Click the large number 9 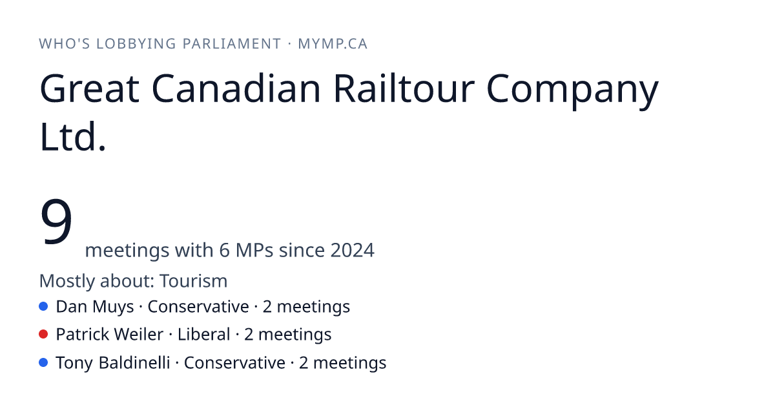tap(56, 221)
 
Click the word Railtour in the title tap(404, 89)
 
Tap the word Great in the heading tap(90, 89)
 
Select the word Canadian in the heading tap(236, 89)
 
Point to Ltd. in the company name tap(72, 136)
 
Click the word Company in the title tap(572, 90)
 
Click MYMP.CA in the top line tap(333, 44)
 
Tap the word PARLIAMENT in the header tap(231, 44)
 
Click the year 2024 tap(352, 250)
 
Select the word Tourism tap(193, 280)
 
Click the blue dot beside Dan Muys tap(43, 306)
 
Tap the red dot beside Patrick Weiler tap(43, 335)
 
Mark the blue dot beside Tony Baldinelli tap(43, 362)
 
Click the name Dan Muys tap(95, 307)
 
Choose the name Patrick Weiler tap(110, 335)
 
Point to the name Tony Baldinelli tap(113, 363)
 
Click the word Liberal tap(204, 335)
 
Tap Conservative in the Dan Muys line tap(198, 307)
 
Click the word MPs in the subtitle tap(254, 250)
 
